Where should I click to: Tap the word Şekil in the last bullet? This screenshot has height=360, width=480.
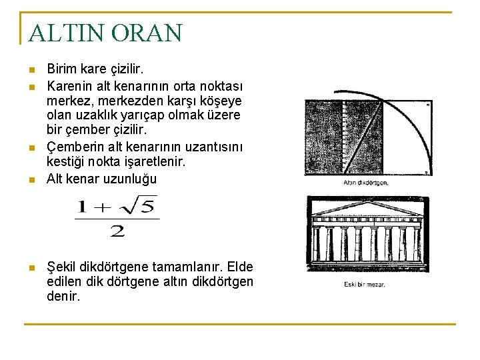click(62, 267)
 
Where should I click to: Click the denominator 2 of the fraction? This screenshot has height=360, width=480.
click(117, 231)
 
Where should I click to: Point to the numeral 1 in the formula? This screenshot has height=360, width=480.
click(82, 207)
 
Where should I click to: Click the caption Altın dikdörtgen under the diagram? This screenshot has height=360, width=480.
click(366, 182)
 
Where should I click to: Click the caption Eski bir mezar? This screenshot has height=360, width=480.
click(365, 285)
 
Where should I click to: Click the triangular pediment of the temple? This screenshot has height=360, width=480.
click(368, 209)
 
